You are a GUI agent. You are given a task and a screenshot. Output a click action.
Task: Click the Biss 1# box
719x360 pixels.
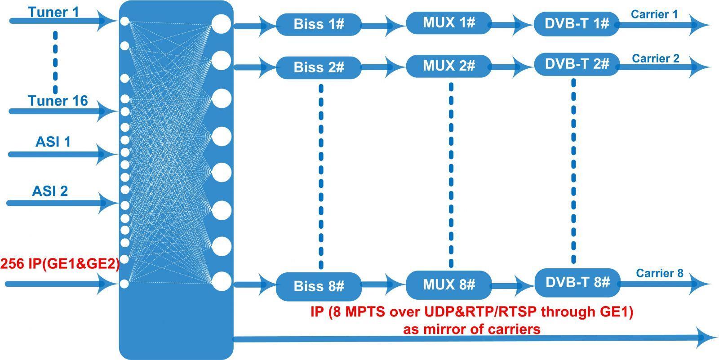[x=319, y=24]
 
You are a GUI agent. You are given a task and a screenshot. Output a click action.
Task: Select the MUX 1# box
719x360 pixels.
[x=448, y=23]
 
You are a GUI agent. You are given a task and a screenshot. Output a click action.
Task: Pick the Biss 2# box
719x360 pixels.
[x=319, y=67]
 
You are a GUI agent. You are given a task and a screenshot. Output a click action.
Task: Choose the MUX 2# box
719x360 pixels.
[x=448, y=66]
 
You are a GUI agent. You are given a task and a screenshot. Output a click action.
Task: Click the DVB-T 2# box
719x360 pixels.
[x=577, y=64]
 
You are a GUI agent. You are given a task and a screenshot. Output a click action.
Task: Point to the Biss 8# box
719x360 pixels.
[x=319, y=286]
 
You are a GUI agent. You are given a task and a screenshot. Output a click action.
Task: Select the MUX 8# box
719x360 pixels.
[x=448, y=285]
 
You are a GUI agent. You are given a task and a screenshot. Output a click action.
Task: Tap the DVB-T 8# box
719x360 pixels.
[x=577, y=283]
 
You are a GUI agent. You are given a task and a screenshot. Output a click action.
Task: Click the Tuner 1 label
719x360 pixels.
[x=53, y=12]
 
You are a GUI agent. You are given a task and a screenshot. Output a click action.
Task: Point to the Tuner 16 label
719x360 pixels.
[x=58, y=101]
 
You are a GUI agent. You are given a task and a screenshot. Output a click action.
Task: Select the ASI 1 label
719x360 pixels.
[x=53, y=142]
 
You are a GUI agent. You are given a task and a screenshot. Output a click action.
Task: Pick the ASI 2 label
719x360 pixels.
[x=50, y=191]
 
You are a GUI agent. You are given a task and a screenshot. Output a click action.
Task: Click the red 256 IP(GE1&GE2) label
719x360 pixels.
[x=60, y=264]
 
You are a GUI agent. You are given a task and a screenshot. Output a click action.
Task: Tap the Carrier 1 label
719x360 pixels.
[x=654, y=14]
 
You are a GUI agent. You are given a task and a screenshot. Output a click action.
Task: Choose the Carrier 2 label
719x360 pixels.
[x=656, y=58]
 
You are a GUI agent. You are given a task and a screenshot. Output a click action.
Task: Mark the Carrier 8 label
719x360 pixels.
[x=659, y=273]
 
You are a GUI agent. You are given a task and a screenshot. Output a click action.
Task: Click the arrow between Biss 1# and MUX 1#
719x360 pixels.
[x=384, y=24]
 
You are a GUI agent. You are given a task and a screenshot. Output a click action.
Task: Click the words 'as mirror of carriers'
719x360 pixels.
[x=471, y=329]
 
